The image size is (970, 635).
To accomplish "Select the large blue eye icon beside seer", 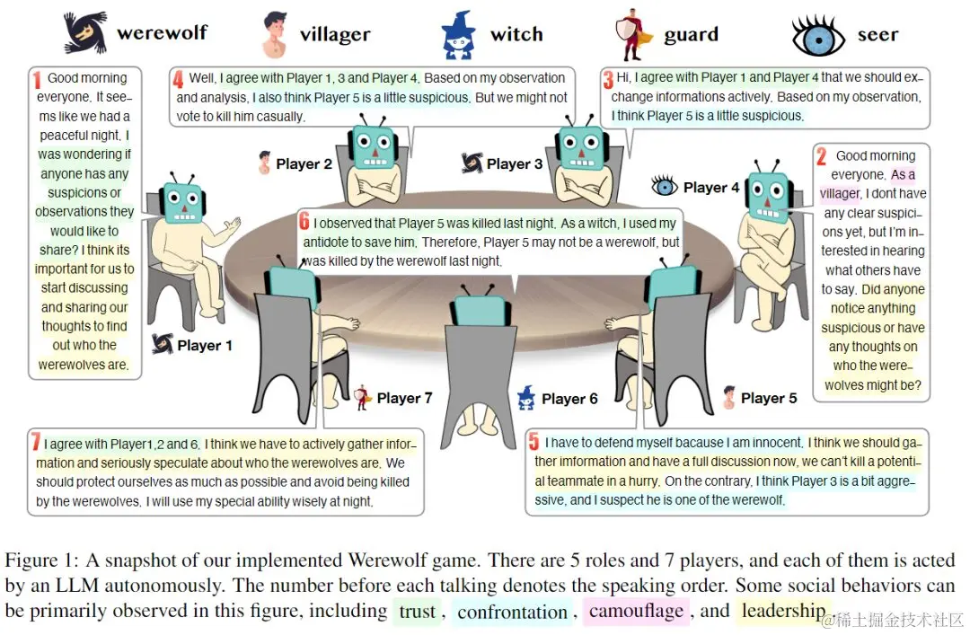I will (818, 36).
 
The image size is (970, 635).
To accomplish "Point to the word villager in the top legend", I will (335, 35).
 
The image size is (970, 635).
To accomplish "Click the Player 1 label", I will (205, 345).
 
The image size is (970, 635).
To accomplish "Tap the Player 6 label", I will (569, 398).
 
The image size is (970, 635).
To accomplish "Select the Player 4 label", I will (711, 188).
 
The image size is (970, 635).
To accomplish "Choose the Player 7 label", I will (404, 398).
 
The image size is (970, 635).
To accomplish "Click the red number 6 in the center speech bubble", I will (304, 222).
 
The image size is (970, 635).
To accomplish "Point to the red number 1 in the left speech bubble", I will (37, 79).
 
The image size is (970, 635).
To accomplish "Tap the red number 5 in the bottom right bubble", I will (533, 442).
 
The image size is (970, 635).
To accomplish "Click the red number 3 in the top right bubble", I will (608, 79).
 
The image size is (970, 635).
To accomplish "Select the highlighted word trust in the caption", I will (417, 612).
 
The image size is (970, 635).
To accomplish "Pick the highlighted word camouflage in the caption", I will (637, 612).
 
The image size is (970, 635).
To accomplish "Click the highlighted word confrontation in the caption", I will (512, 612).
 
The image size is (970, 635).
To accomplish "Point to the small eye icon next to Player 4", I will (665, 187).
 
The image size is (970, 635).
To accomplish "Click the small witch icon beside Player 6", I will (526, 397).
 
